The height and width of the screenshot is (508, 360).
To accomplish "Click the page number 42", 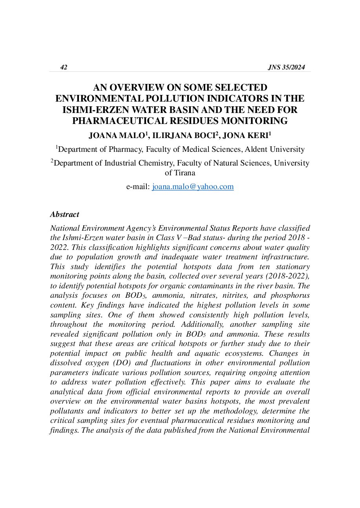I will (x=64, y=67).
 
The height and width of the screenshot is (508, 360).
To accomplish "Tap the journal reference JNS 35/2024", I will (x=286, y=67).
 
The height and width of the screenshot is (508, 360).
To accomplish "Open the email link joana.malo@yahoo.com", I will (x=193, y=187).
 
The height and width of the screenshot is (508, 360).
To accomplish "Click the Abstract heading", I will (x=64, y=215).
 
